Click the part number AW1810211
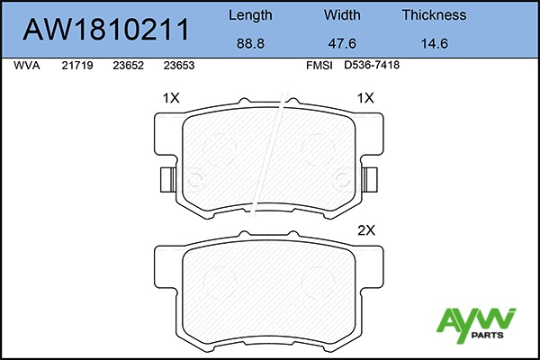click(x=105, y=30)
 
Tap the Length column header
click(x=250, y=15)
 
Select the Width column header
click(x=342, y=15)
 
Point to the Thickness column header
click(x=435, y=15)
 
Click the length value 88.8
click(x=250, y=44)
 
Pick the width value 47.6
click(x=342, y=44)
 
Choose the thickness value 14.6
click(x=435, y=44)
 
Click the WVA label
click(x=27, y=66)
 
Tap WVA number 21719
click(x=77, y=66)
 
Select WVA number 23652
click(x=128, y=66)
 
